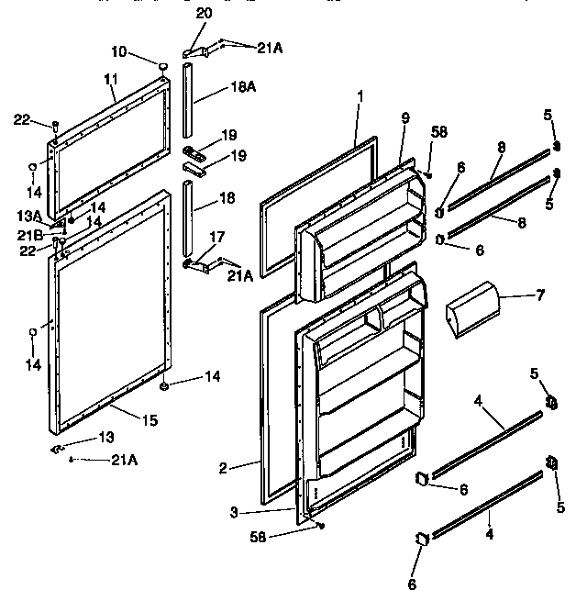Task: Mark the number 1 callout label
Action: pyautogui.click(x=360, y=95)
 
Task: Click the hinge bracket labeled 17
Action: pyautogui.click(x=196, y=265)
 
